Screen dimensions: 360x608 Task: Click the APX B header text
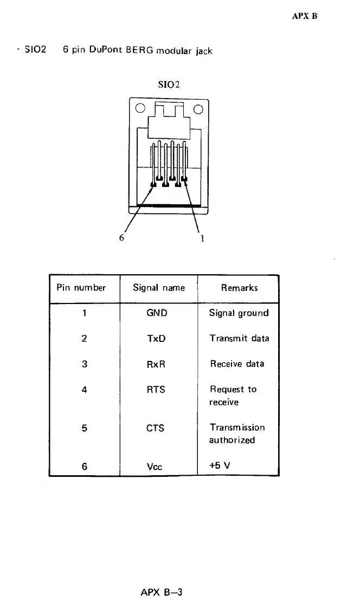click(304, 16)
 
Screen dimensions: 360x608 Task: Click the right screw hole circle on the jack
click(197, 108)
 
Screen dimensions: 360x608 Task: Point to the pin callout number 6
click(122, 238)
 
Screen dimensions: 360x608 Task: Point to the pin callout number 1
click(202, 238)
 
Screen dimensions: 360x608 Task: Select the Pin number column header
click(81, 288)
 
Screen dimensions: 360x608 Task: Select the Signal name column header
click(159, 288)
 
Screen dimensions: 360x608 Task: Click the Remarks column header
click(239, 288)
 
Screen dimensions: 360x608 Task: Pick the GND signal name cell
click(157, 313)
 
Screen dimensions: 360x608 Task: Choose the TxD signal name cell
click(157, 339)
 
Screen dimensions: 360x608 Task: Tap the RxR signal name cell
click(157, 364)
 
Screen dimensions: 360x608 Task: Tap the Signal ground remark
click(239, 313)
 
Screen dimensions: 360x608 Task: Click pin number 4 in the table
click(84, 390)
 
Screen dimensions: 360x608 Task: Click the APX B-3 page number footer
click(160, 592)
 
